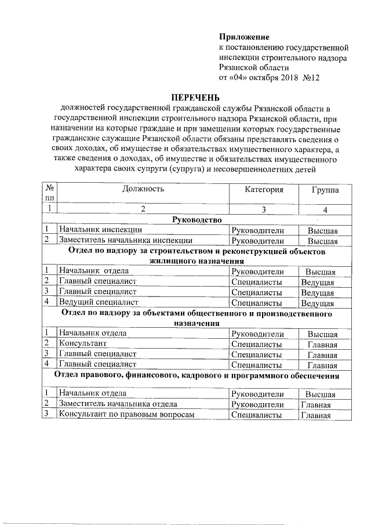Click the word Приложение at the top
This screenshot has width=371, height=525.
pos(244,37)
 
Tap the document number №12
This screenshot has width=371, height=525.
pos(311,77)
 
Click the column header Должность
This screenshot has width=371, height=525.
pos(143,189)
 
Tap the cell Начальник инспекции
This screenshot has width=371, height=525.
pos(92,230)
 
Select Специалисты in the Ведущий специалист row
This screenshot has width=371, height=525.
pos(256,302)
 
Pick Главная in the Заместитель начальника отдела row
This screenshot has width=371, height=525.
pos(315,405)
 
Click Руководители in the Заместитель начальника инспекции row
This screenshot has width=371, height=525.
pos(257,241)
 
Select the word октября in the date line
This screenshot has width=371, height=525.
pos(257,77)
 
